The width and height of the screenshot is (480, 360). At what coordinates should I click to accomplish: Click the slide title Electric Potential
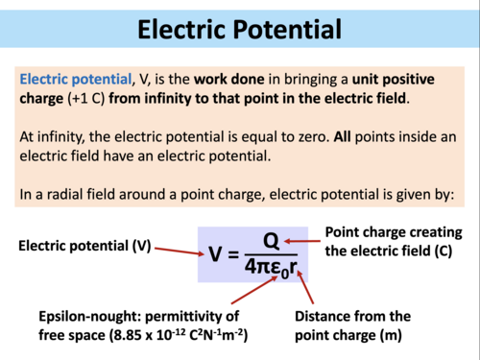pos(239,28)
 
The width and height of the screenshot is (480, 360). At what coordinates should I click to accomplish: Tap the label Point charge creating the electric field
pos(394,242)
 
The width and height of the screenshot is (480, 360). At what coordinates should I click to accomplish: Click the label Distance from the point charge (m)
pos(352,325)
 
